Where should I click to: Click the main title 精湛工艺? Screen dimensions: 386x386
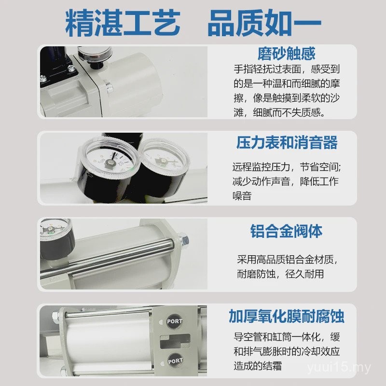[123, 23]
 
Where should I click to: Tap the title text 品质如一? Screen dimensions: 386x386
[264, 23]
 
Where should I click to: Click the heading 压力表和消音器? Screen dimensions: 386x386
[287, 143]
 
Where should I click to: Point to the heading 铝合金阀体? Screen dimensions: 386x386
[287, 231]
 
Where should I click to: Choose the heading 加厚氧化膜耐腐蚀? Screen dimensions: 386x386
[287, 317]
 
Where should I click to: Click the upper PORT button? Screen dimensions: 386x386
[174, 321]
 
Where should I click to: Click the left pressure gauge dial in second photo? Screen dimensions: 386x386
[110, 161]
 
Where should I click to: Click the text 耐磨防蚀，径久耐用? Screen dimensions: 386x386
[280, 274]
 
